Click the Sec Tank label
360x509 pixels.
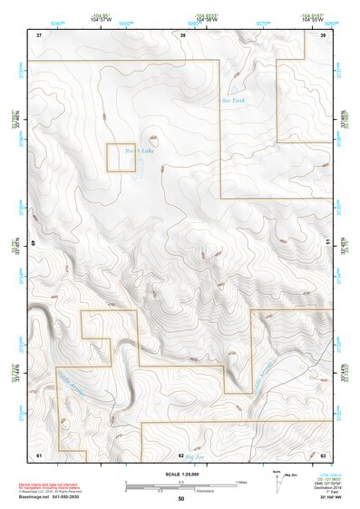click(234, 100)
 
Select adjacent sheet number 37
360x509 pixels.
click(39, 34)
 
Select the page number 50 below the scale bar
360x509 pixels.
click(180, 498)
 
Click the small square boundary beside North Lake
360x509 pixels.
click(122, 158)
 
